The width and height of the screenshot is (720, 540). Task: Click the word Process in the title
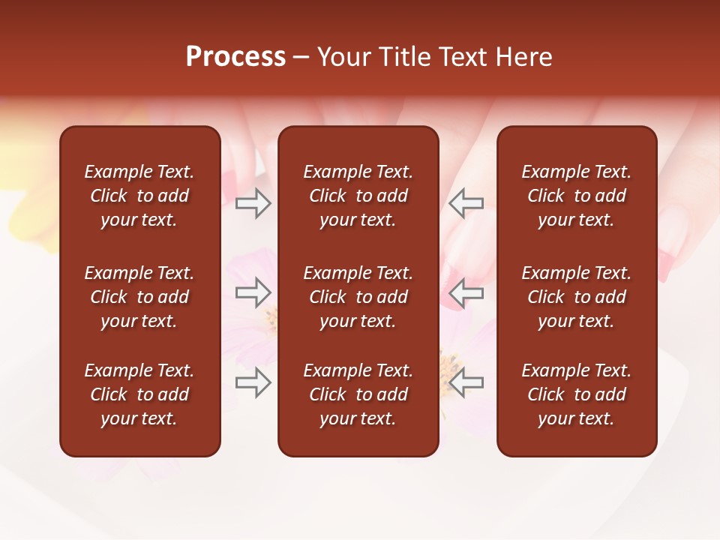point(235,57)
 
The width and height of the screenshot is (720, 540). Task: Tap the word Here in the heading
point(524,57)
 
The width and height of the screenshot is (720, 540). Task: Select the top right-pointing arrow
point(253,203)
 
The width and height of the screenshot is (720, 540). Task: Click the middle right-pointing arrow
point(253,292)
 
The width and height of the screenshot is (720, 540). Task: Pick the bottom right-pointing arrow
point(253,382)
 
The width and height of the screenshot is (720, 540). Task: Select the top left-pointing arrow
point(466,203)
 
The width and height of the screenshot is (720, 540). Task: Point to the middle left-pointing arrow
point(466,292)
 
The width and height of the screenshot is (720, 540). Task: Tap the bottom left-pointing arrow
point(466,382)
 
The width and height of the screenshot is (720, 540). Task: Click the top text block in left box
point(139,196)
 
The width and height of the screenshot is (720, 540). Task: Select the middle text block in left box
point(139,297)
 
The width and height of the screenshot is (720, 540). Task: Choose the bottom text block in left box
point(139,394)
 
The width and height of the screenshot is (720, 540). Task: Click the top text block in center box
point(358,196)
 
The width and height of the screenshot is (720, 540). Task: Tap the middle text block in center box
point(358,297)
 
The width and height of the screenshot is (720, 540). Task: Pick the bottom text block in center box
point(358,394)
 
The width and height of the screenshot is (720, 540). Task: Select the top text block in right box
point(576,196)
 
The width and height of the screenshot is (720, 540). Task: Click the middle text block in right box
point(576,297)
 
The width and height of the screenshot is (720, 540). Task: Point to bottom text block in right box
point(576,394)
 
